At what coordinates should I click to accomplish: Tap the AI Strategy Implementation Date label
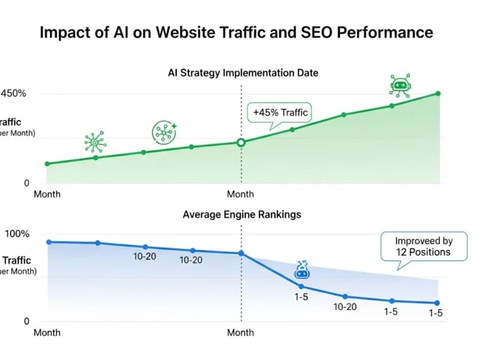click(242, 72)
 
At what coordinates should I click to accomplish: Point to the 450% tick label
click(14, 94)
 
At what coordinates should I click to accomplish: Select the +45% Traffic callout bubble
click(281, 113)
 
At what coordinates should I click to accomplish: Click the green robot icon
click(399, 85)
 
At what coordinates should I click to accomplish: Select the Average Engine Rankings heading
click(241, 214)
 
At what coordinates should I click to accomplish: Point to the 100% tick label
click(17, 234)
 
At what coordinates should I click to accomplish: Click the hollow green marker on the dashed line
click(241, 142)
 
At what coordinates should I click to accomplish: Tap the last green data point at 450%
click(437, 94)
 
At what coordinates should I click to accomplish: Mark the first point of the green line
click(47, 164)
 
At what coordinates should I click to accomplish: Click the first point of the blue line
click(49, 242)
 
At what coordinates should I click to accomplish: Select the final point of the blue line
click(436, 303)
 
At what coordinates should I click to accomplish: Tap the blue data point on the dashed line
click(241, 253)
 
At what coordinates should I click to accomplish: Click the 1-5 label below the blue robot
click(302, 297)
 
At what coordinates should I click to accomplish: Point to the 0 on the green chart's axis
click(27, 183)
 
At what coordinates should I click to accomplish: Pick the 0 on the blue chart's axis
click(27, 321)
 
